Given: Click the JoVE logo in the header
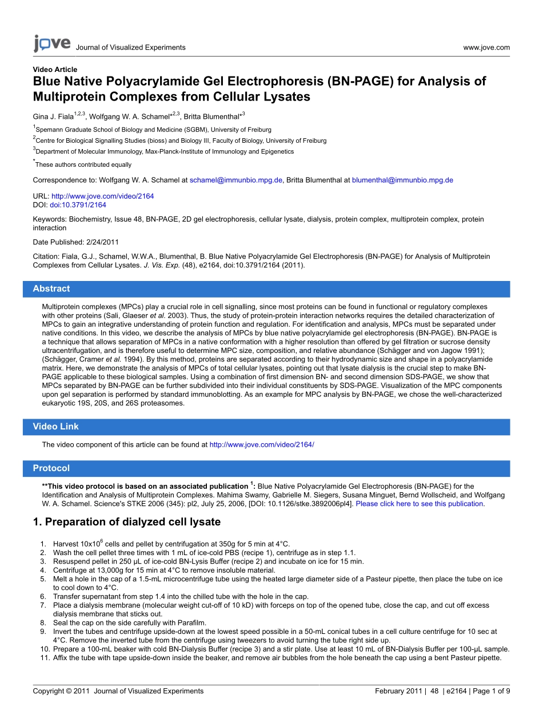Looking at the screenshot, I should click(51, 44).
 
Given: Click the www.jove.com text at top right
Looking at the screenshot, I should click(486, 47).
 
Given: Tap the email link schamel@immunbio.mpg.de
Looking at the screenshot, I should click(236, 180).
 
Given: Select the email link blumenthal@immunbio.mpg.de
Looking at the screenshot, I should click(402, 180).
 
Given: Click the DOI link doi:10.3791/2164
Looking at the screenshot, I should click(78, 205).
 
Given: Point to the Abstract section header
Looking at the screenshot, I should click(51, 289).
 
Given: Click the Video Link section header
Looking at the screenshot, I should click(55, 427).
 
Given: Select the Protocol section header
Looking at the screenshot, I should click(51, 468).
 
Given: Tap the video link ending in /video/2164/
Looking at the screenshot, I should click(262, 444).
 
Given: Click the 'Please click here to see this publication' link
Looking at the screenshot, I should click(420, 504).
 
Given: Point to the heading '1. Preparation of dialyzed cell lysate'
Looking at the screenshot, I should click(126, 522).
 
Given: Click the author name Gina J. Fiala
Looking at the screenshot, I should click(53, 117).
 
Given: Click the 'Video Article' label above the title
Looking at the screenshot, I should click(55, 70).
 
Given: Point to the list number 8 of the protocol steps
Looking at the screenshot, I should click(43, 622).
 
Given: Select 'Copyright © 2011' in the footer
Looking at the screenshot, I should click(61, 691).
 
